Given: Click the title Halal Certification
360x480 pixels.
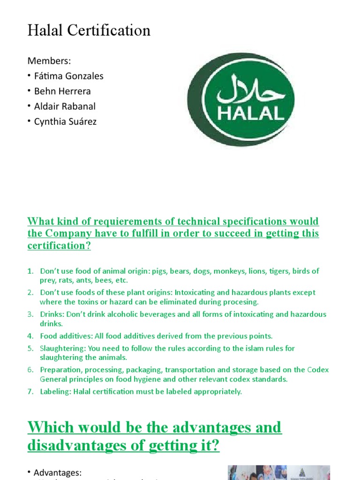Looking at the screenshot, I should (x=89, y=30).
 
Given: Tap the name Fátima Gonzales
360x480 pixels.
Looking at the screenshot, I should (x=68, y=75).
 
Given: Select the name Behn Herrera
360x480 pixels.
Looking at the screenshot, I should (x=62, y=91).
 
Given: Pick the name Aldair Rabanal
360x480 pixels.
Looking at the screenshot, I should (x=65, y=106).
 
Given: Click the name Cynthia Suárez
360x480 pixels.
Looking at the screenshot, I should (x=65, y=122).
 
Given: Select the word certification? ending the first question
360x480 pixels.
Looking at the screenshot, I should (x=59, y=246).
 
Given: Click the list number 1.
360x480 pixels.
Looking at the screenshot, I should (x=30, y=271).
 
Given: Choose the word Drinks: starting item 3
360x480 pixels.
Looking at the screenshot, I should (x=52, y=314).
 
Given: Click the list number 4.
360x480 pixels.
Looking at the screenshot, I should (x=30, y=336).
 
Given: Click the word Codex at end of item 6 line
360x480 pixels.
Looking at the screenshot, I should (x=318, y=370).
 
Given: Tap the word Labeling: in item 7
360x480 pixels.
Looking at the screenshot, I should (x=55, y=391).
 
